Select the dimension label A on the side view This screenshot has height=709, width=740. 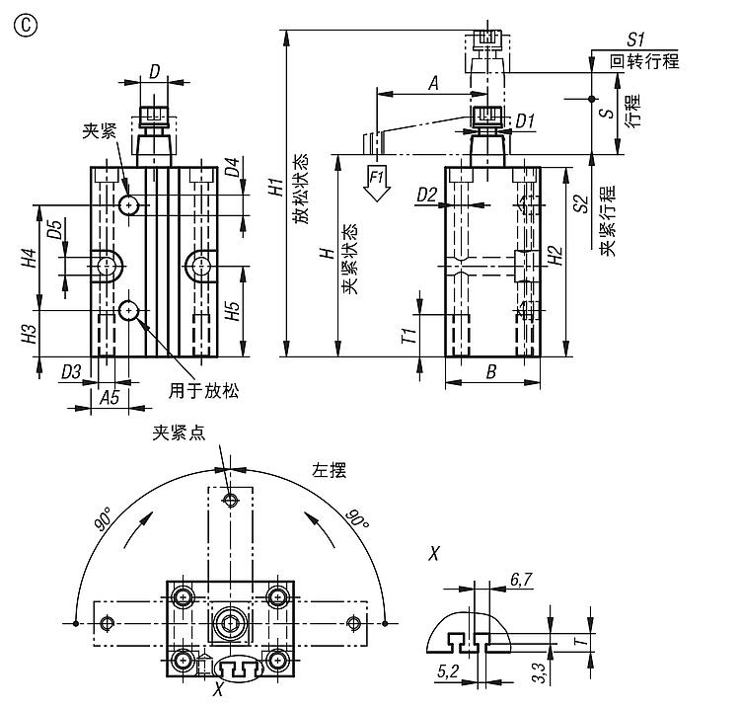pyautogui.click(x=432, y=84)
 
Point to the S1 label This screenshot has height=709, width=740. pyautogui.click(x=635, y=39)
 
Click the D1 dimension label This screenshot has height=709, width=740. pyautogui.click(x=525, y=121)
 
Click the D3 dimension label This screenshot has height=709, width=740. pyautogui.click(x=71, y=371)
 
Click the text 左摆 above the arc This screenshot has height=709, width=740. pyautogui.click(x=329, y=471)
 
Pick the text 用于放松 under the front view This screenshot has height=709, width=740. pyautogui.click(x=204, y=390)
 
